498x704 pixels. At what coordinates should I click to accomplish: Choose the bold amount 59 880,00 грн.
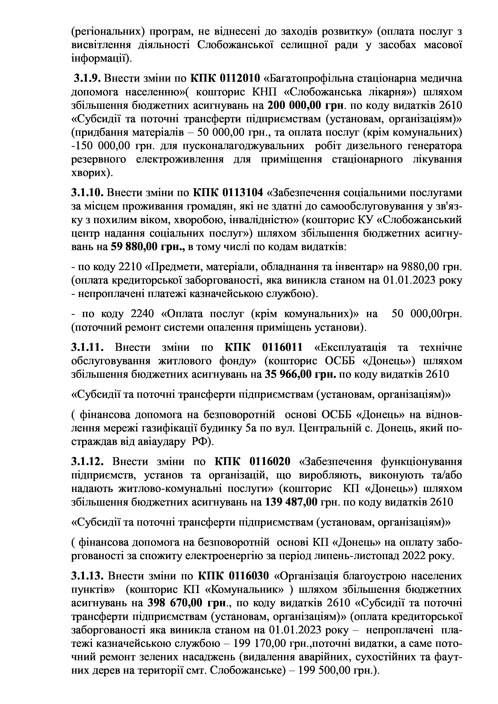(147, 246)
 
